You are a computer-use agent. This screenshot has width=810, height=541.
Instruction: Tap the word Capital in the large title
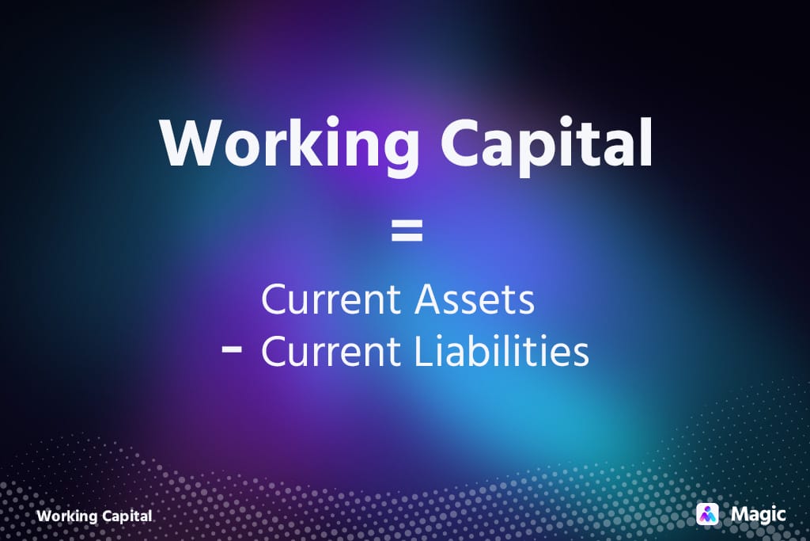547,145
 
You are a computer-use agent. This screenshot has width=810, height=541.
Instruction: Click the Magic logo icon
706,514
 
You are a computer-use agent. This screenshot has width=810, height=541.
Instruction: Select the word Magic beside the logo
759,514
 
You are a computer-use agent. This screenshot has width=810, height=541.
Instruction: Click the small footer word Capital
126,516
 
